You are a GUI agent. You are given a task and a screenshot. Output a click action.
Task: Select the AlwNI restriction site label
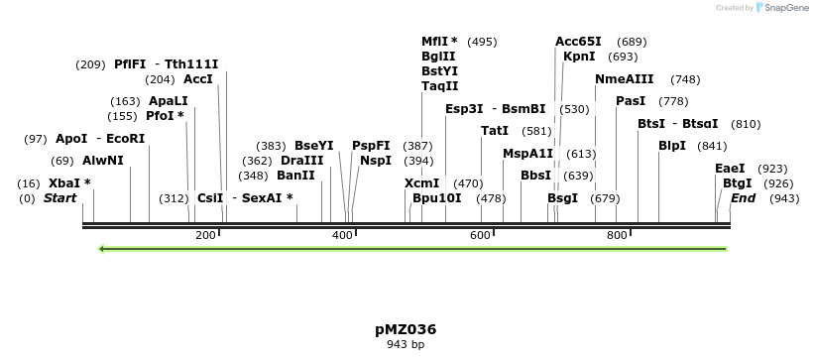click(x=103, y=160)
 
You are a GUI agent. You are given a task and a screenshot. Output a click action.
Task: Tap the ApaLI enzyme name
click(x=168, y=101)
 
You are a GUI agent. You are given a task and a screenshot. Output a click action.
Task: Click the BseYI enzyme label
click(x=314, y=146)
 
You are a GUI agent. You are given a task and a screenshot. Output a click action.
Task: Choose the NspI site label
click(x=376, y=160)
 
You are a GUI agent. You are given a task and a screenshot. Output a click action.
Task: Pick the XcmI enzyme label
click(x=421, y=183)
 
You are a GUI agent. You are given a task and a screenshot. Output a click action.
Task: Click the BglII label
click(x=438, y=57)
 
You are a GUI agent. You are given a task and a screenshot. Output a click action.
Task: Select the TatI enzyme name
click(x=495, y=131)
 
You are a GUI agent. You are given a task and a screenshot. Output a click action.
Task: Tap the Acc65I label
click(x=578, y=42)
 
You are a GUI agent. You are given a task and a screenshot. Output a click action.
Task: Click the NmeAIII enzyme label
click(x=625, y=79)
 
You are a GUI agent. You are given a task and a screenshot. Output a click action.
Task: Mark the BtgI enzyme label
click(x=737, y=183)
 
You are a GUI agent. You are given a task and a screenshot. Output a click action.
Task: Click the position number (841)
click(x=712, y=146)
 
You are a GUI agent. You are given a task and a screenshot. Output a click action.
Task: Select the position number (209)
click(x=90, y=64)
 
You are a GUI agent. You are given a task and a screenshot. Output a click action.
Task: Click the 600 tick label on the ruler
click(x=480, y=235)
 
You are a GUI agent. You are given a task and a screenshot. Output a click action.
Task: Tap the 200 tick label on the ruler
click(x=205, y=235)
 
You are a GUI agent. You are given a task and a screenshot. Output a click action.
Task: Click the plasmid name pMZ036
click(x=406, y=329)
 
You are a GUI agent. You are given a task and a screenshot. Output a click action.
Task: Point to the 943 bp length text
click(x=406, y=345)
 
